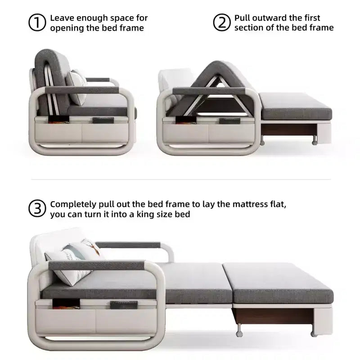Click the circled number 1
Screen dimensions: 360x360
coord(37,22)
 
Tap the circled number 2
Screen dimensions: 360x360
coord(221,22)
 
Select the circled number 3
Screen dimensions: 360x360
coord(37,208)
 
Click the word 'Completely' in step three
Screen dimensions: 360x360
coord(73,204)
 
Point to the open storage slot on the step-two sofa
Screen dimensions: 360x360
coord(185,120)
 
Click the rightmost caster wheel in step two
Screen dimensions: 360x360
coord(315,141)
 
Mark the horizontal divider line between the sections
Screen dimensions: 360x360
coord(181,179)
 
